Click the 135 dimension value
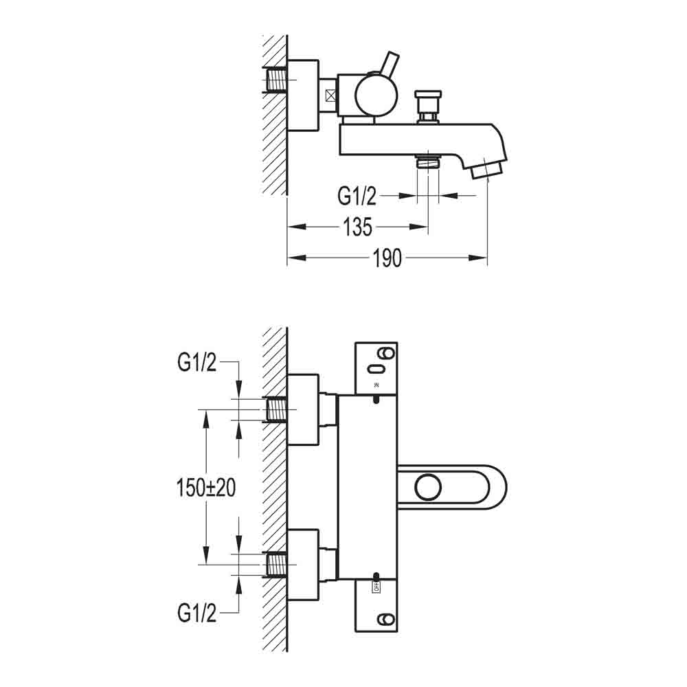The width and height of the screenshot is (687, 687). click(357, 227)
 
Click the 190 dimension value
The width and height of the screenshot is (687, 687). click(387, 258)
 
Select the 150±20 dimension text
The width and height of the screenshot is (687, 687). click(204, 488)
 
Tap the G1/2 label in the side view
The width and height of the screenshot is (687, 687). click(357, 196)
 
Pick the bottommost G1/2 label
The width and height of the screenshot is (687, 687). click(196, 612)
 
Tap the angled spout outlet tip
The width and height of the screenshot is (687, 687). click(487, 169)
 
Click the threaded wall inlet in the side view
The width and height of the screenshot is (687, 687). click(277, 80)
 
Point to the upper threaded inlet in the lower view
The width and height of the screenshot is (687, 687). click(277, 410)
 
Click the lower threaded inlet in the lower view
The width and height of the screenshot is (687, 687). click(277, 565)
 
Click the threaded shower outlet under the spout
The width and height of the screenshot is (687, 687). click(428, 163)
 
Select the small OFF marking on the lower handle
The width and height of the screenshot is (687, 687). click(376, 587)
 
